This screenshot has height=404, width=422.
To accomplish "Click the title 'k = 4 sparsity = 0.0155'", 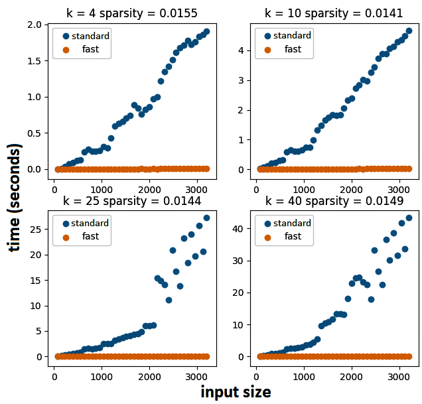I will [x=131, y=13].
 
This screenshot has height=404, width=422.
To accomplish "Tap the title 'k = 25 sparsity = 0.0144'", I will [x=131, y=200].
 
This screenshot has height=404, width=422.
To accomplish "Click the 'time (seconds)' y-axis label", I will [x=15, y=197].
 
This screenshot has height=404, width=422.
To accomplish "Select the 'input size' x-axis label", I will [x=236, y=392].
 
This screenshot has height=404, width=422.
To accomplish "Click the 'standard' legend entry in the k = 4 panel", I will [x=90, y=36].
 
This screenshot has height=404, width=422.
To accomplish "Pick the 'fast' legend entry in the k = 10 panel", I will [x=293, y=49].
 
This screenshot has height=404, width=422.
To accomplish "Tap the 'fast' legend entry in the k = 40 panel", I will [x=293, y=236].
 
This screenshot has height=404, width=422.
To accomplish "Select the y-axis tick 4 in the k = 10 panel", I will [x=245, y=50].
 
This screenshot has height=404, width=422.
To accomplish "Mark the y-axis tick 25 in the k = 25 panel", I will [x=37, y=229].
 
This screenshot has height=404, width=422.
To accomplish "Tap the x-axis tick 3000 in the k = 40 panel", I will [x=397, y=377].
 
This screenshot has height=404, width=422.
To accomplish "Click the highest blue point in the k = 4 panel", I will [x=206, y=31].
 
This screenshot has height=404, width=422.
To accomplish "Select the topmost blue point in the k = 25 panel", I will [x=206, y=218].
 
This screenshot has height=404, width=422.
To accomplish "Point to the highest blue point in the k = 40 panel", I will [x=409, y=218].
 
